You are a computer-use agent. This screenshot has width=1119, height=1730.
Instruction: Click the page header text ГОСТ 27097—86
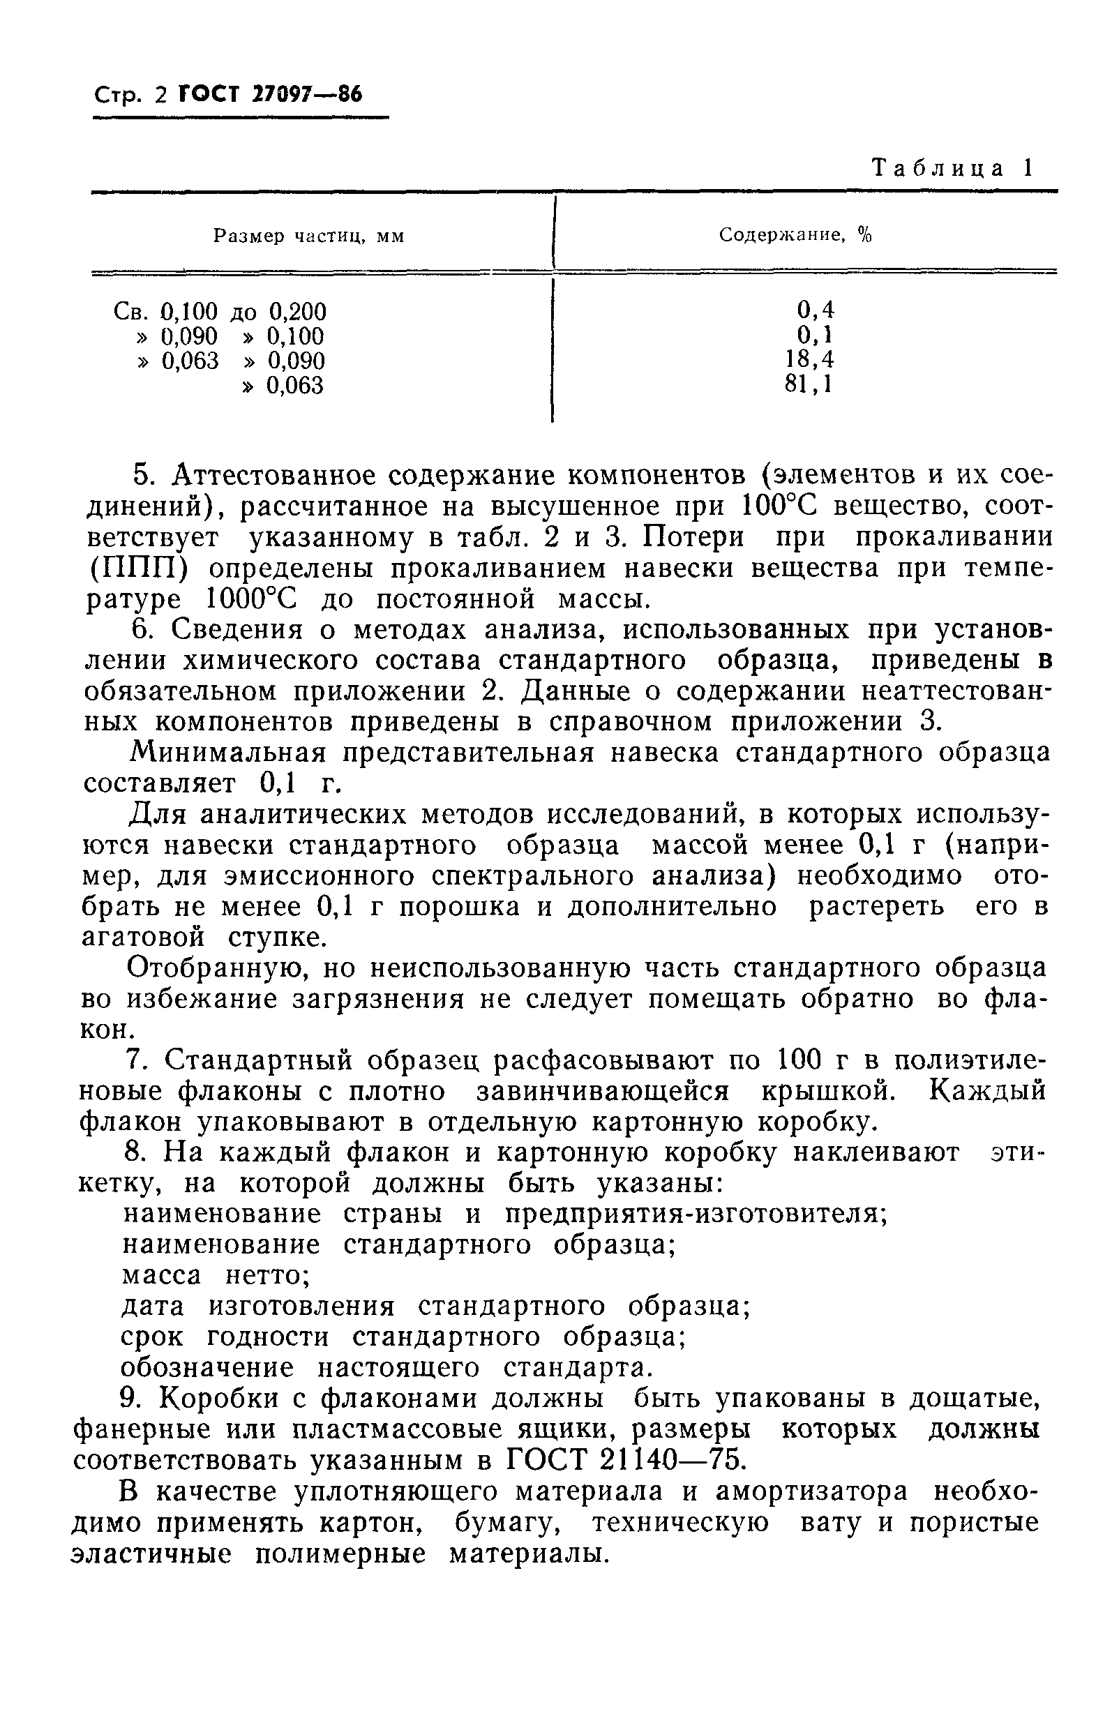click(269, 94)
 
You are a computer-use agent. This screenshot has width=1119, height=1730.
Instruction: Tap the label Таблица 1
click(952, 169)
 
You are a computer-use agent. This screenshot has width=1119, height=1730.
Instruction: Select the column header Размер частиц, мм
click(309, 236)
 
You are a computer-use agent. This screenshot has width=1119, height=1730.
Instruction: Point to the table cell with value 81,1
click(809, 384)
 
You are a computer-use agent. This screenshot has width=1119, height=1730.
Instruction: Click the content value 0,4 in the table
click(816, 310)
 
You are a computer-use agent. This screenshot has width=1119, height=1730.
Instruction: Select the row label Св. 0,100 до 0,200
click(220, 312)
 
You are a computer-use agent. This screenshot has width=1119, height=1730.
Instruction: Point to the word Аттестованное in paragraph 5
click(269, 476)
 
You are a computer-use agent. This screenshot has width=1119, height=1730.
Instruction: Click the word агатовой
click(143, 938)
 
